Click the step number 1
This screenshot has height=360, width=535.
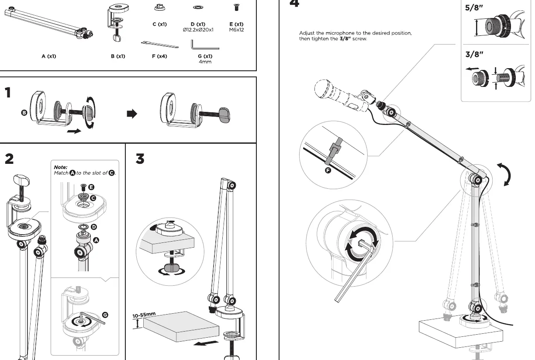point(8,93)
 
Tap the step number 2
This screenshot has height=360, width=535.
point(9,159)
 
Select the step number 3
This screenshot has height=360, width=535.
point(140,159)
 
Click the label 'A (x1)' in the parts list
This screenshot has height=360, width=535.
point(49,56)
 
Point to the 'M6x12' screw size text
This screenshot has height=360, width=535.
point(236,30)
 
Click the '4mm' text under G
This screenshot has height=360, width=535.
point(205,62)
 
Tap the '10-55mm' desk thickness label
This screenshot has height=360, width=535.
point(144,315)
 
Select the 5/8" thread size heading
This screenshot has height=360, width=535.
point(474,7)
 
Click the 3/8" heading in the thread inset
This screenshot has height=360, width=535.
point(474,55)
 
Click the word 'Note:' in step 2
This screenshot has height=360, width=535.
point(61,167)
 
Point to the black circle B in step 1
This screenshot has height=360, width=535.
point(24,113)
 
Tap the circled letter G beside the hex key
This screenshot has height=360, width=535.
point(105,315)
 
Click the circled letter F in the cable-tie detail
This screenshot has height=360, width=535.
point(328,170)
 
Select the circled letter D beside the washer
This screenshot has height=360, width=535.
point(94,227)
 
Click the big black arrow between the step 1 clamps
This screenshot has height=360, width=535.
point(132,114)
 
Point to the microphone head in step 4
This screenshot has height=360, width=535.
point(324,89)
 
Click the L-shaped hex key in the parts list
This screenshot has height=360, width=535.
point(205,45)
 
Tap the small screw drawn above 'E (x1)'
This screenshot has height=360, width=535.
point(236,7)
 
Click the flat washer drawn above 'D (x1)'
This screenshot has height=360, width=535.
point(198,7)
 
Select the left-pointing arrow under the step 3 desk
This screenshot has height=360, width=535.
point(206,343)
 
